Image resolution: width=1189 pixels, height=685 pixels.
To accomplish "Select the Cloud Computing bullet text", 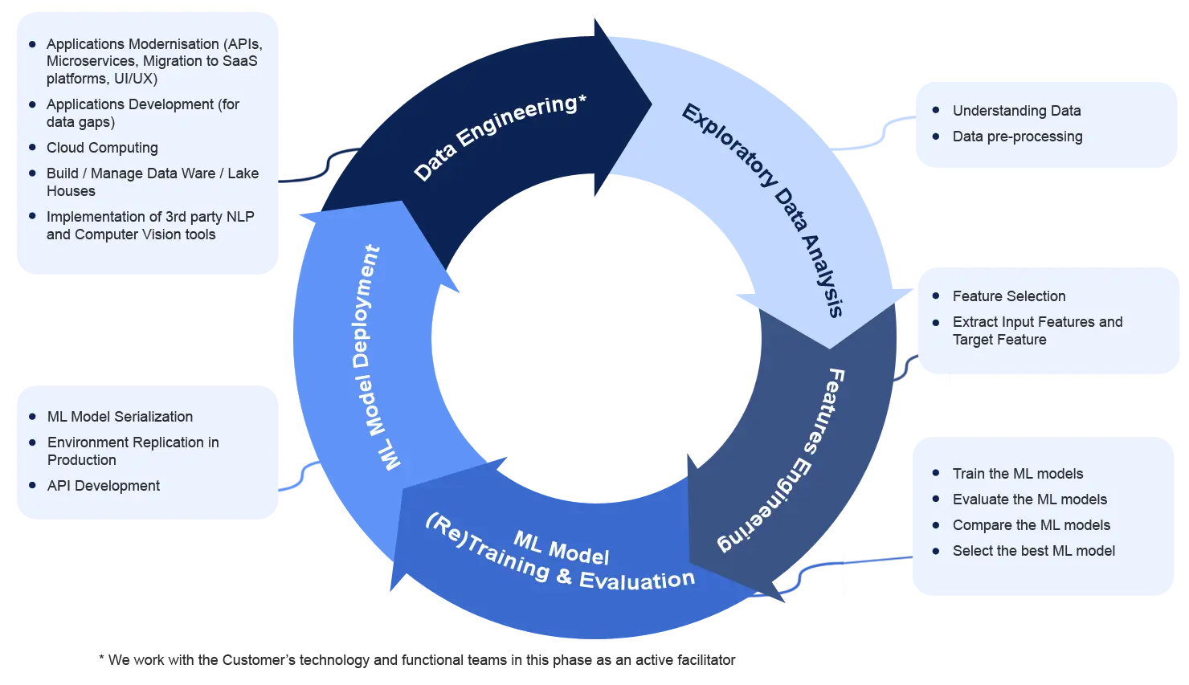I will [x=102, y=148].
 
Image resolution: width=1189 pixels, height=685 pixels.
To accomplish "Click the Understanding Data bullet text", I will [x=1016, y=111].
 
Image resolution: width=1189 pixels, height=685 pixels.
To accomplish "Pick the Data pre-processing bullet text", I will [x=1017, y=137].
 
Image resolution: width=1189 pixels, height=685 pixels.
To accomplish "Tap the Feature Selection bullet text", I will [x=1009, y=296].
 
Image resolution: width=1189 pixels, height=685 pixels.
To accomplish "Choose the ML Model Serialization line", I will [x=120, y=417].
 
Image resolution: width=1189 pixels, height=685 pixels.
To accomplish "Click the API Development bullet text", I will [x=104, y=486].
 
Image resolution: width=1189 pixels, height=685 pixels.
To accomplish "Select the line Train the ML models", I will [x=1018, y=474].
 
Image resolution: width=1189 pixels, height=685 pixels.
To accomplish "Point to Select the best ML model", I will [x=1034, y=551].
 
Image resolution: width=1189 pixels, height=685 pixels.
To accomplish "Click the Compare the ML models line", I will [x=1032, y=525].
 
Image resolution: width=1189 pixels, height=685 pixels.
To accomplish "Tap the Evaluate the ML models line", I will [x=1030, y=499].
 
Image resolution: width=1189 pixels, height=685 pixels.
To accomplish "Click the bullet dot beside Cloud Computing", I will [x=32, y=148].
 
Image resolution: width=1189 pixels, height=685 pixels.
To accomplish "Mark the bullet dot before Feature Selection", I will [x=936, y=296].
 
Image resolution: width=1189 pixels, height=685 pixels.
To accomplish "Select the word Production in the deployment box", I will [x=82, y=460].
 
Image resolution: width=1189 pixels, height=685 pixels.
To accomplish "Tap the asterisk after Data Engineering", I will [x=582, y=99].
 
